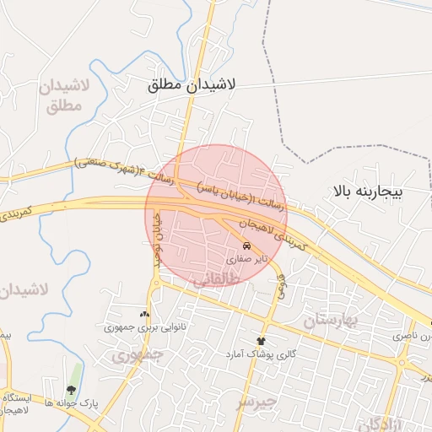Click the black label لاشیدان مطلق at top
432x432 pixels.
tap(193, 85)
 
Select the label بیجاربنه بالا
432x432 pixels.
tap(369, 192)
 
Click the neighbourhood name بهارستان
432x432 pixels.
tap(330, 321)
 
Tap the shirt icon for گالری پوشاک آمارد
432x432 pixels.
tap(261, 341)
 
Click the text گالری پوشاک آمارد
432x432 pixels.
tap(261, 355)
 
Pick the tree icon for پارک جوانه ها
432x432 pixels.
tap(71, 391)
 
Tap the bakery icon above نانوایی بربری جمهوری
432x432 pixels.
tap(143, 313)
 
